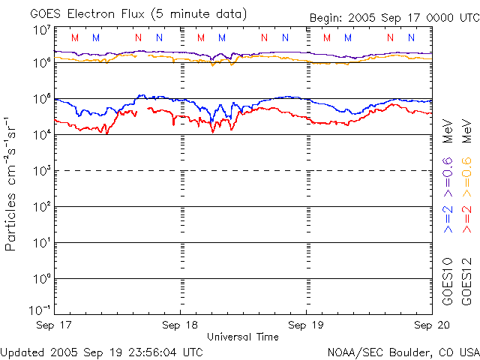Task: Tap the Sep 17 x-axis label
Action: coord(53,325)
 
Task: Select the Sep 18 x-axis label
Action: coord(180,325)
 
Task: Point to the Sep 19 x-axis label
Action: coord(307,325)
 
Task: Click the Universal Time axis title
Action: coord(243,337)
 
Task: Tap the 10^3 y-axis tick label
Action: coord(40,170)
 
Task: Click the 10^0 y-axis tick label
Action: coord(40,278)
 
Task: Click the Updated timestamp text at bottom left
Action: coord(101,352)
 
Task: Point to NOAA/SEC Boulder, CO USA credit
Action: coord(403,352)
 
